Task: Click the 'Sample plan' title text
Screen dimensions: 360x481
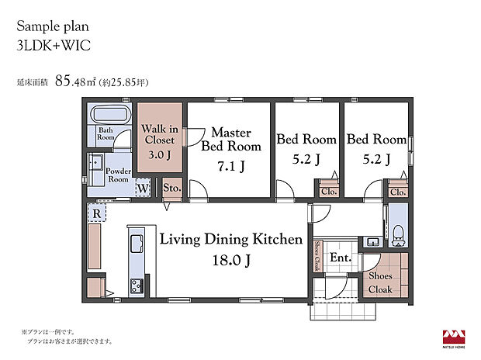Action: tap(51, 25)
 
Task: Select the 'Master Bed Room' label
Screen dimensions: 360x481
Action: tap(230, 139)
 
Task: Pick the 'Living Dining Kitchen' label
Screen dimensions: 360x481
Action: tap(230, 239)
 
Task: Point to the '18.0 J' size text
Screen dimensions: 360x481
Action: tap(230, 261)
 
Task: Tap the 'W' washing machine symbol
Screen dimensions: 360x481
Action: tap(144, 188)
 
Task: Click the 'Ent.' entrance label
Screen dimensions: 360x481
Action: tap(341, 258)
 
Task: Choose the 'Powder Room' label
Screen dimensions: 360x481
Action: tap(117, 175)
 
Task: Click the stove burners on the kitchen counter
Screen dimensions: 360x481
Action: tap(137, 286)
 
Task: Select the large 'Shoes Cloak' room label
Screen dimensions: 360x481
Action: tap(381, 282)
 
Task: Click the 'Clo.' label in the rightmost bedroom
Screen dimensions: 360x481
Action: tap(397, 192)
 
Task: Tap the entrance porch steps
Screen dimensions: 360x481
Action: tap(342, 311)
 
